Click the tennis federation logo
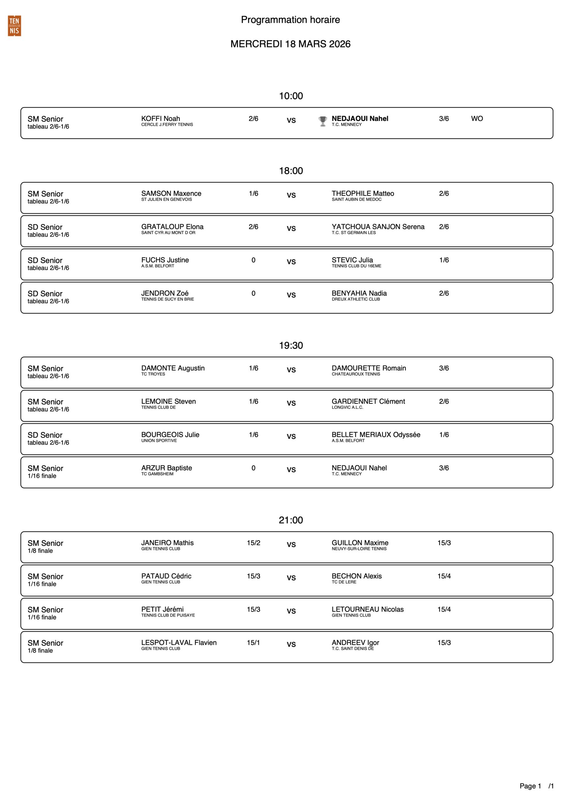[14, 26]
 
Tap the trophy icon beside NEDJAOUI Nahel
[322, 121]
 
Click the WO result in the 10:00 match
[477, 119]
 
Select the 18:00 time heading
[291, 171]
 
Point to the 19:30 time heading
[291, 345]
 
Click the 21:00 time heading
[291, 520]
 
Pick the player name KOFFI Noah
[160, 119]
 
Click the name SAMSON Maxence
[171, 194]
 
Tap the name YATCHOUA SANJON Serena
[378, 227]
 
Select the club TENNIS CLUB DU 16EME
[356, 266]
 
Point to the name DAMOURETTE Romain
[368, 368]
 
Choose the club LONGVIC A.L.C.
[347, 407]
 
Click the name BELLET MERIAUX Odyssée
[376, 435]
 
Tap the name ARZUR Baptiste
[166, 468]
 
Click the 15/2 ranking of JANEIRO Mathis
[253, 543]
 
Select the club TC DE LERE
[344, 582]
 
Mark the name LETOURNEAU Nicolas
[367, 609]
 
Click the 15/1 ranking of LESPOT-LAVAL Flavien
[253, 642]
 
